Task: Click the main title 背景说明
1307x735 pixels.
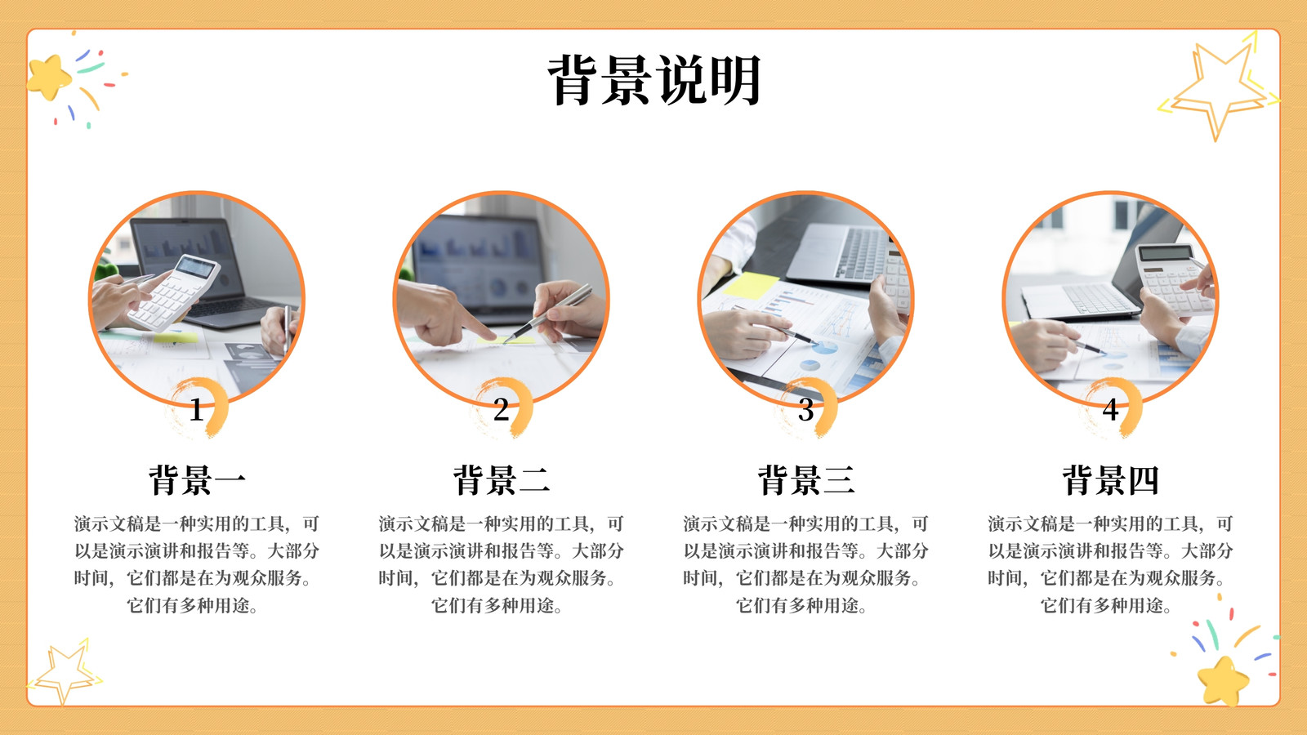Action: [654, 81]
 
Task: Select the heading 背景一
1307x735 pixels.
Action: [197, 480]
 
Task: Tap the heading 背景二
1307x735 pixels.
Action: [502, 480]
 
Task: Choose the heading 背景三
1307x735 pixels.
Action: [806, 480]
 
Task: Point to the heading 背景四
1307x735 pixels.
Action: [1111, 480]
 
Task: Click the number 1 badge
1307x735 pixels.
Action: [197, 409]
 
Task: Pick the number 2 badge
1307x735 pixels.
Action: [502, 409]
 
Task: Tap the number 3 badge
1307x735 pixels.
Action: [806, 409]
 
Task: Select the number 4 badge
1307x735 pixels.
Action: [1111, 409]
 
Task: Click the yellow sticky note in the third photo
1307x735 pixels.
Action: [751, 286]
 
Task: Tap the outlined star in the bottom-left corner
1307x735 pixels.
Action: [65, 673]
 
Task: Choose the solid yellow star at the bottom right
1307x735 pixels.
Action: [1223, 680]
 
